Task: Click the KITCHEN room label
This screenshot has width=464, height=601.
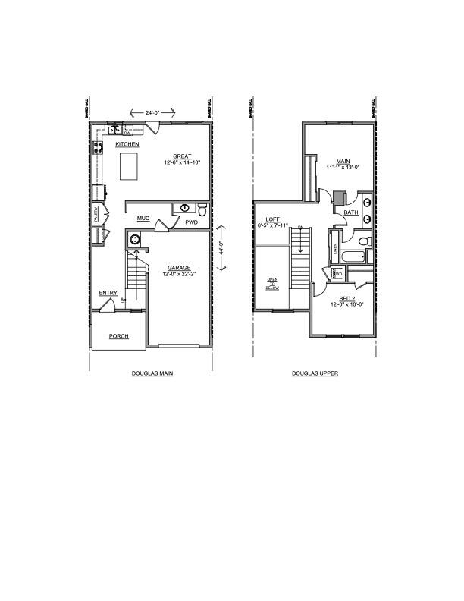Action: pyautogui.click(x=127, y=144)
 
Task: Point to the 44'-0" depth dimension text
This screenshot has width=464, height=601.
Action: pyautogui.click(x=220, y=247)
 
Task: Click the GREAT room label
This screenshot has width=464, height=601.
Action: pyautogui.click(x=181, y=156)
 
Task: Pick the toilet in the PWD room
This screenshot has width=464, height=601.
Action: pyautogui.click(x=202, y=210)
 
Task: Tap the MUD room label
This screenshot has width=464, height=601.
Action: pyautogui.click(x=143, y=219)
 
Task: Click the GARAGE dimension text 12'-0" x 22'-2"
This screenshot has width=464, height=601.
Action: pyautogui.click(x=180, y=273)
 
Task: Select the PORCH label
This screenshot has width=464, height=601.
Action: pyautogui.click(x=118, y=336)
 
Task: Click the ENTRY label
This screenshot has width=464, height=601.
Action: pyautogui.click(x=108, y=293)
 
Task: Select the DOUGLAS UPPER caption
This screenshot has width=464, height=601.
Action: pyautogui.click(x=315, y=374)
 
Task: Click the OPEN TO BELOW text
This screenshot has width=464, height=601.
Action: pyautogui.click(x=271, y=285)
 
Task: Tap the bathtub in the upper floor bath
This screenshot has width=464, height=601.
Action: pyautogui.click(x=351, y=259)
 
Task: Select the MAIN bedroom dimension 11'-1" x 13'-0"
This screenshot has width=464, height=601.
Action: pyautogui.click(x=343, y=167)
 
